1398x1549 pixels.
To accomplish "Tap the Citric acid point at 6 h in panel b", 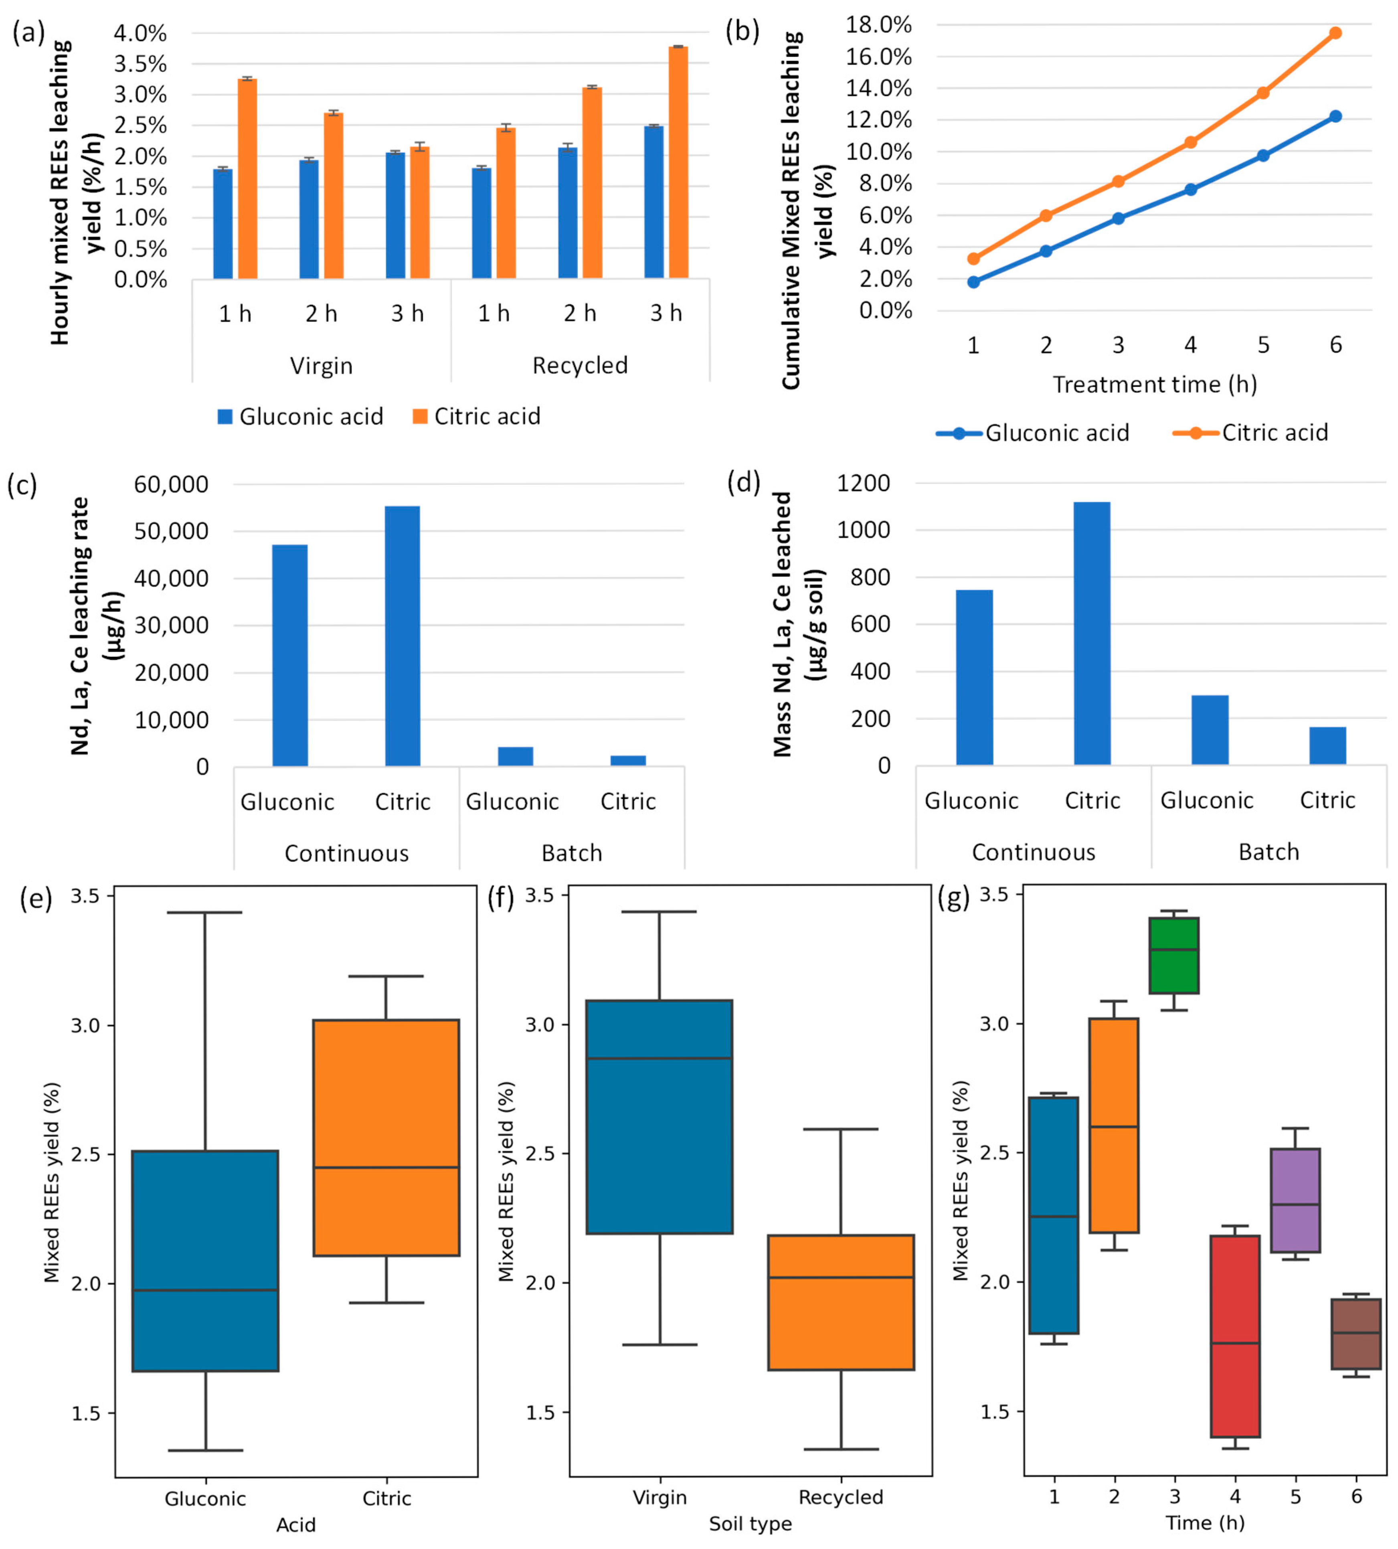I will (1336, 33).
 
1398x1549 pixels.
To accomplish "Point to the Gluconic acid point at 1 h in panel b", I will (973, 282).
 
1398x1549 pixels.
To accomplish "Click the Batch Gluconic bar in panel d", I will (1210, 730).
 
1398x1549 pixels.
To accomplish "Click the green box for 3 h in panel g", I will (1174, 955).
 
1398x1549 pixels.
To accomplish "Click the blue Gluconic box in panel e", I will (205, 1261).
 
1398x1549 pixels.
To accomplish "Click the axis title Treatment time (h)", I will (1155, 384).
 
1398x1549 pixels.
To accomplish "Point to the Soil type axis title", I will (751, 1524).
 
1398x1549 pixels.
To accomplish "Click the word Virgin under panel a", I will (321, 366).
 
